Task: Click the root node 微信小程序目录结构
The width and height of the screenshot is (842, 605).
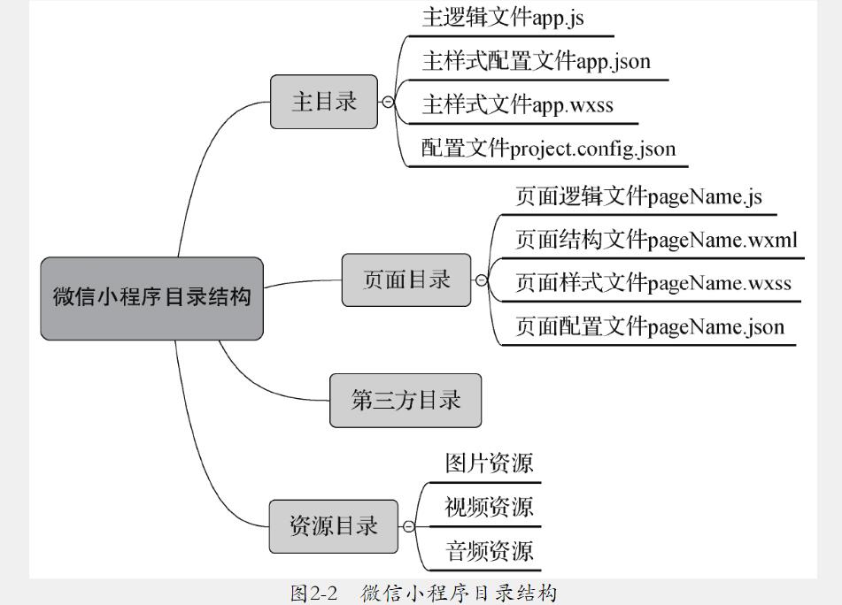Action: click(151, 298)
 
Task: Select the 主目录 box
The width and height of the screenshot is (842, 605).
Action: click(324, 102)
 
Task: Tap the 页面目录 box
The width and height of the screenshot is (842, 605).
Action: click(406, 280)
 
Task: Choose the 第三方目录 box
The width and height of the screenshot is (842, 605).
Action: click(406, 400)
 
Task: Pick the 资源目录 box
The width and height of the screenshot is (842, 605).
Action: click(334, 526)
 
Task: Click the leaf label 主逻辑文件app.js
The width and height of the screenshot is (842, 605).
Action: click(503, 18)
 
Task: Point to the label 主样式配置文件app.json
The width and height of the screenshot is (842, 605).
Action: click(536, 61)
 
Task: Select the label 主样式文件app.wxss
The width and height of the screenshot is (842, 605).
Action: click(517, 105)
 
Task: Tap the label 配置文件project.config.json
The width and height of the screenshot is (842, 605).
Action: click(548, 149)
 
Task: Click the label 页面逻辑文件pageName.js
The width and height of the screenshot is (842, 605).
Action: click(638, 196)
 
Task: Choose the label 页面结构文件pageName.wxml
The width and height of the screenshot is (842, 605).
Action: click(656, 240)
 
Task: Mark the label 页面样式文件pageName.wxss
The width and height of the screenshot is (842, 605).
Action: click(653, 283)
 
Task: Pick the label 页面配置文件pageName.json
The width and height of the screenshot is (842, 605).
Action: click(650, 327)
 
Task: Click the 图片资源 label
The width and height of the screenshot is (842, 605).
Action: click(489, 463)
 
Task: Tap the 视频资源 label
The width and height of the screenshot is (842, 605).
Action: click(489, 507)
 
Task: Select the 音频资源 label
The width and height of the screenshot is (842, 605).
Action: click(489, 551)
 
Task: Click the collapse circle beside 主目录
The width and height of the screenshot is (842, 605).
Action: click(387, 102)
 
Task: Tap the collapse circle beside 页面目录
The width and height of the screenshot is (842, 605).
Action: click(482, 280)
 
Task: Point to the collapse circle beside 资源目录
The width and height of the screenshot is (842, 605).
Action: click(408, 526)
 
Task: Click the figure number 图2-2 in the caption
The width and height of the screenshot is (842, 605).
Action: click(314, 593)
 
